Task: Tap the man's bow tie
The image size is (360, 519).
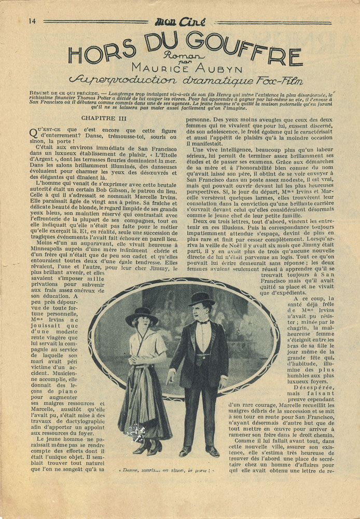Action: [x=203, y=322]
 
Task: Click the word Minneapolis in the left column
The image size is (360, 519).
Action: [x=53, y=251]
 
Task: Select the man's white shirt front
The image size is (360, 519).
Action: [x=204, y=337]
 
